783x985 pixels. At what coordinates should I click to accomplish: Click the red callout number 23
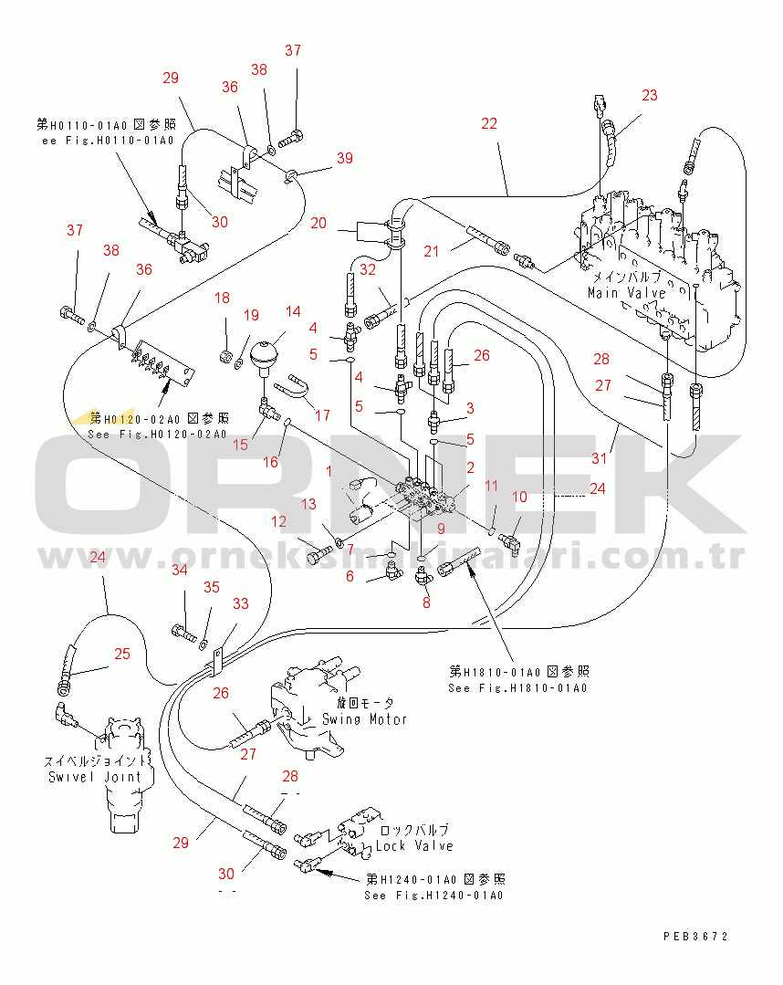coord(649,94)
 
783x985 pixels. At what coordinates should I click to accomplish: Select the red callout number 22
coord(489,123)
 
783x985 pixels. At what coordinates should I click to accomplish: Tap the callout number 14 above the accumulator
coord(292,311)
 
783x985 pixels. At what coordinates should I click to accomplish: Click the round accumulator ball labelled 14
coord(264,353)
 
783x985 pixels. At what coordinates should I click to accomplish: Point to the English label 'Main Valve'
coord(626,293)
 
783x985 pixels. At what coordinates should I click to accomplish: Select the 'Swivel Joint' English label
coord(95,777)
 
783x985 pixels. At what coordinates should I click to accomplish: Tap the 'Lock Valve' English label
coord(414,846)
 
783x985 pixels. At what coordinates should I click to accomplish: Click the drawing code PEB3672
coord(695,936)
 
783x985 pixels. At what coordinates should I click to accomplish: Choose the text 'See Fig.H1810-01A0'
coord(517,687)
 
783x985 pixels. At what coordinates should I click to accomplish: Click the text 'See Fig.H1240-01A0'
coord(433,896)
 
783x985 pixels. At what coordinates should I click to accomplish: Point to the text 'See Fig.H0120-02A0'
coord(158,434)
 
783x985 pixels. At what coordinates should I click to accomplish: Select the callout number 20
coord(318,223)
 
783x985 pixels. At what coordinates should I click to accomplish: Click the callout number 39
coord(344,159)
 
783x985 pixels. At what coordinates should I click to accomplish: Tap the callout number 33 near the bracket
coord(241,603)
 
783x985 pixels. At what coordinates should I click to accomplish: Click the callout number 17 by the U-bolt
coord(322,415)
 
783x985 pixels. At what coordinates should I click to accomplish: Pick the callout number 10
coord(520,497)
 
